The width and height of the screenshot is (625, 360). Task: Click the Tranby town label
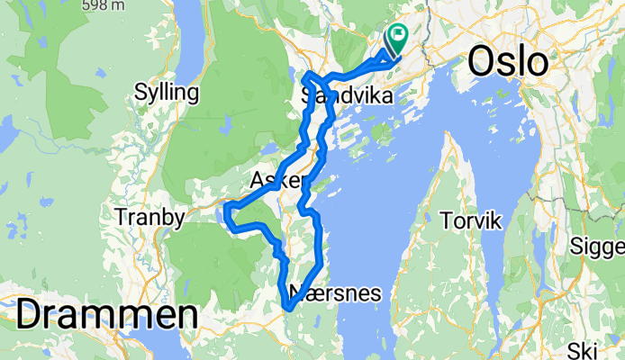pyautogui.click(x=150, y=217)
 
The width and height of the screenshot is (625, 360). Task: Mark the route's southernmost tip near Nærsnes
pyautogui.click(x=289, y=310)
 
